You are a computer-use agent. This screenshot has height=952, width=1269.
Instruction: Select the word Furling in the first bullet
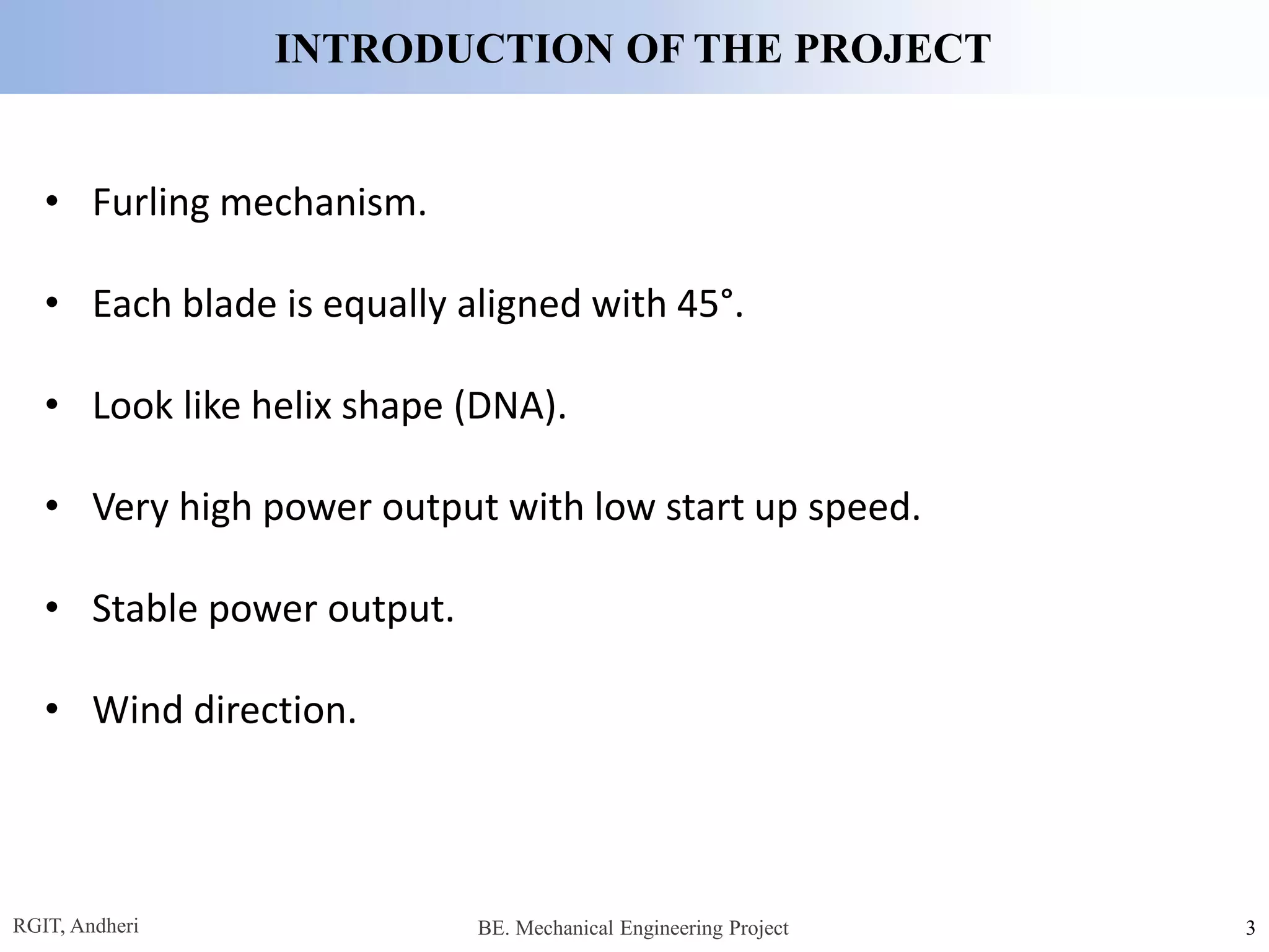pos(151,203)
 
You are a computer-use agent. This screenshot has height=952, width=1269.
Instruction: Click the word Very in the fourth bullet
pos(130,508)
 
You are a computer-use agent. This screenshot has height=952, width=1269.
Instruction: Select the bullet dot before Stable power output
pos(52,607)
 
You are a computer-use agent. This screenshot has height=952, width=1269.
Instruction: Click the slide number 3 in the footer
pos(1250,928)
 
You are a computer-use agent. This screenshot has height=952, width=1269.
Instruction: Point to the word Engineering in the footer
pos(671,928)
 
